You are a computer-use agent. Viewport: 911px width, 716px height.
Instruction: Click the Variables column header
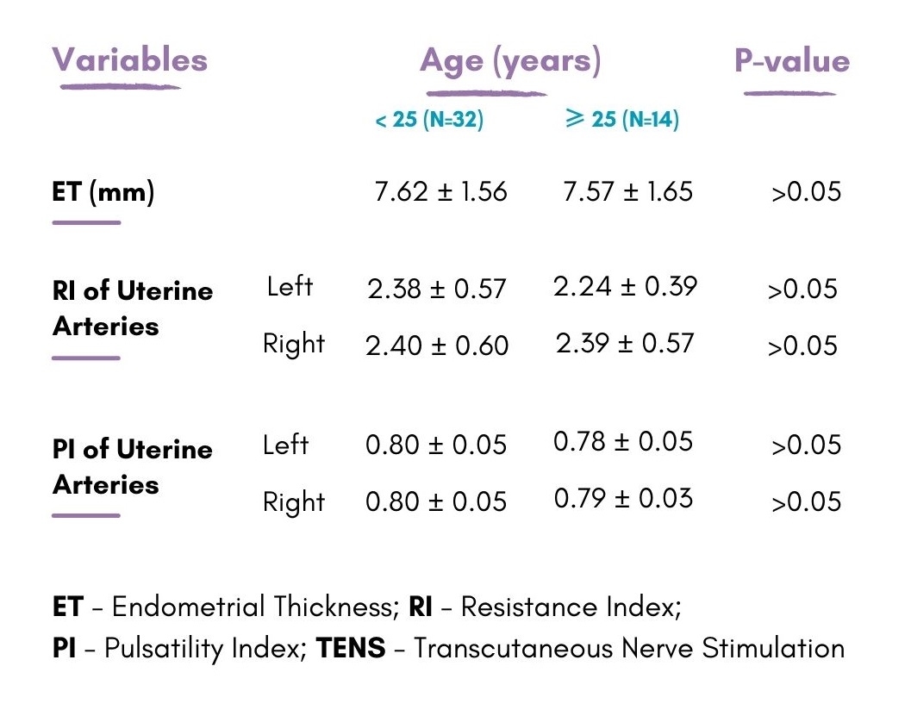pos(130,60)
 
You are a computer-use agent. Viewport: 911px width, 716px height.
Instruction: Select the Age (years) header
pos(510,61)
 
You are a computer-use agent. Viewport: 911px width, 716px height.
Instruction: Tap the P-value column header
pos(791,61)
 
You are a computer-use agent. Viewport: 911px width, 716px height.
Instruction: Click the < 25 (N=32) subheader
pos(429,120)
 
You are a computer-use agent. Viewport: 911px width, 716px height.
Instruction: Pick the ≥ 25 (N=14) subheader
pos(621,119)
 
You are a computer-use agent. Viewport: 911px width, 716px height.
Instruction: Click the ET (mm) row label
pos(103,191)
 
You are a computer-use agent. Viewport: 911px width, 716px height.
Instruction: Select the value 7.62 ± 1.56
pos(440,191)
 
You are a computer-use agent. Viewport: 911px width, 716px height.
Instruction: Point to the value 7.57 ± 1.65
pos(627,191)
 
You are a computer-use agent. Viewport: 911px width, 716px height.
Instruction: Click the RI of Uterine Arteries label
pos(132,308)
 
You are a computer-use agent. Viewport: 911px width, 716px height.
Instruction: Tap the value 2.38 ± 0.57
pos(436,289)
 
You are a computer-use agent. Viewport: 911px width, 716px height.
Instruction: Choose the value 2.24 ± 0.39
pos(625,286)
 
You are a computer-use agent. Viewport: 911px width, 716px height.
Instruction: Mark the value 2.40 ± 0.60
pos(437,346)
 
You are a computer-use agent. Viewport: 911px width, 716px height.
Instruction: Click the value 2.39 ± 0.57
pos(625,344)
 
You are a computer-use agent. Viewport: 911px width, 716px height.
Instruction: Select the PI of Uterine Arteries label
pos(132,467)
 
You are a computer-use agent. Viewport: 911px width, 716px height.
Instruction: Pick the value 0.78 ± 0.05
pos(623,442)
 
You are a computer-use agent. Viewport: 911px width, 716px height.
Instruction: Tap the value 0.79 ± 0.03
pos(623,499)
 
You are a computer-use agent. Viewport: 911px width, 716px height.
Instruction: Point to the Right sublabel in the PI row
pos(294,502)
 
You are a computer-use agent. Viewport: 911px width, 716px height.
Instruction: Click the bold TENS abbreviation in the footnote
pos(351,648)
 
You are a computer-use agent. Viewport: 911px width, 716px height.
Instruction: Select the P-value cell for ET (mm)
pos(806,192)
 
